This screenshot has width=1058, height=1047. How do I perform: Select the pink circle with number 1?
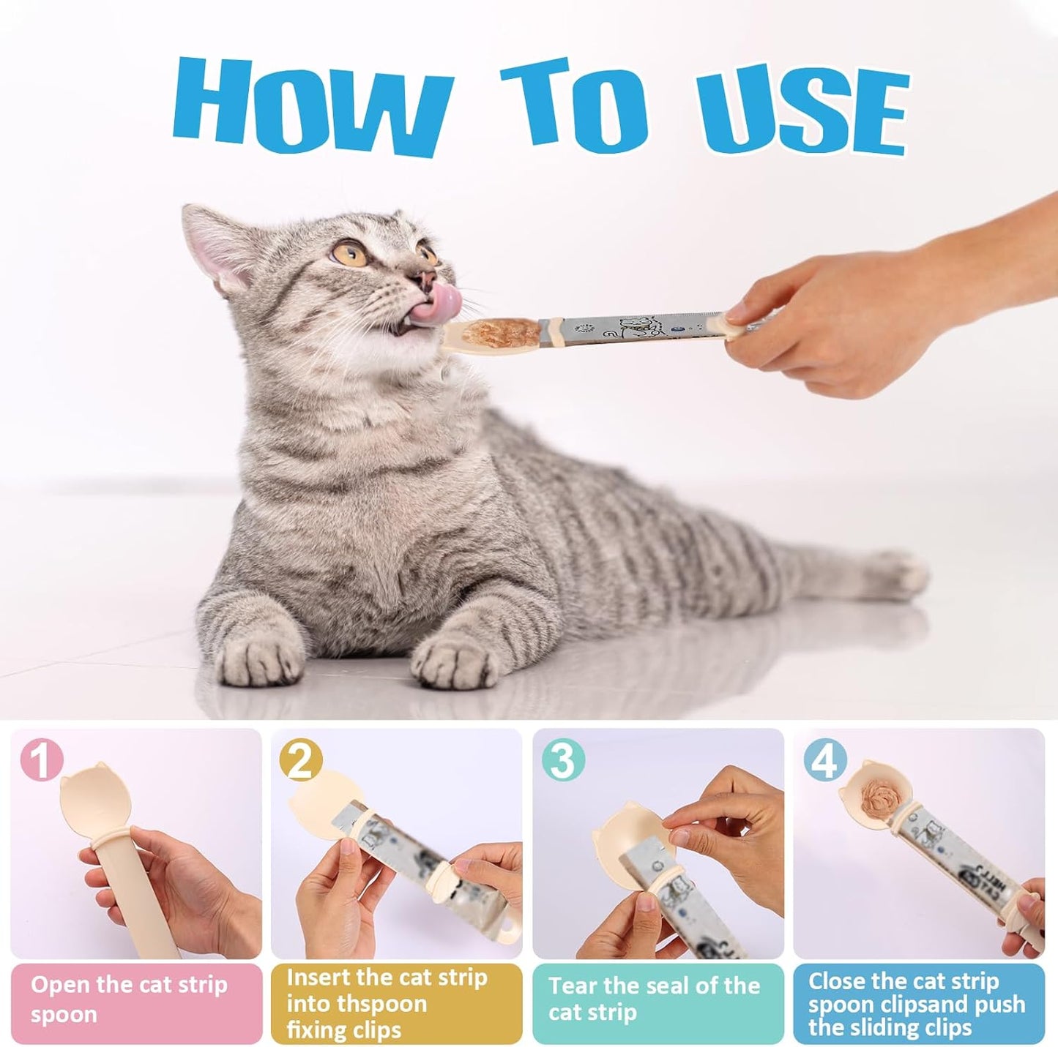pyautogui.click(x=42, y=760)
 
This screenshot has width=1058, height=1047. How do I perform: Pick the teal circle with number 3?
pyautogui.click(x=562, y=760)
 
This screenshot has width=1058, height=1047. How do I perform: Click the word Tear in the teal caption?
pyautogui.click(x=573, y=986)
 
